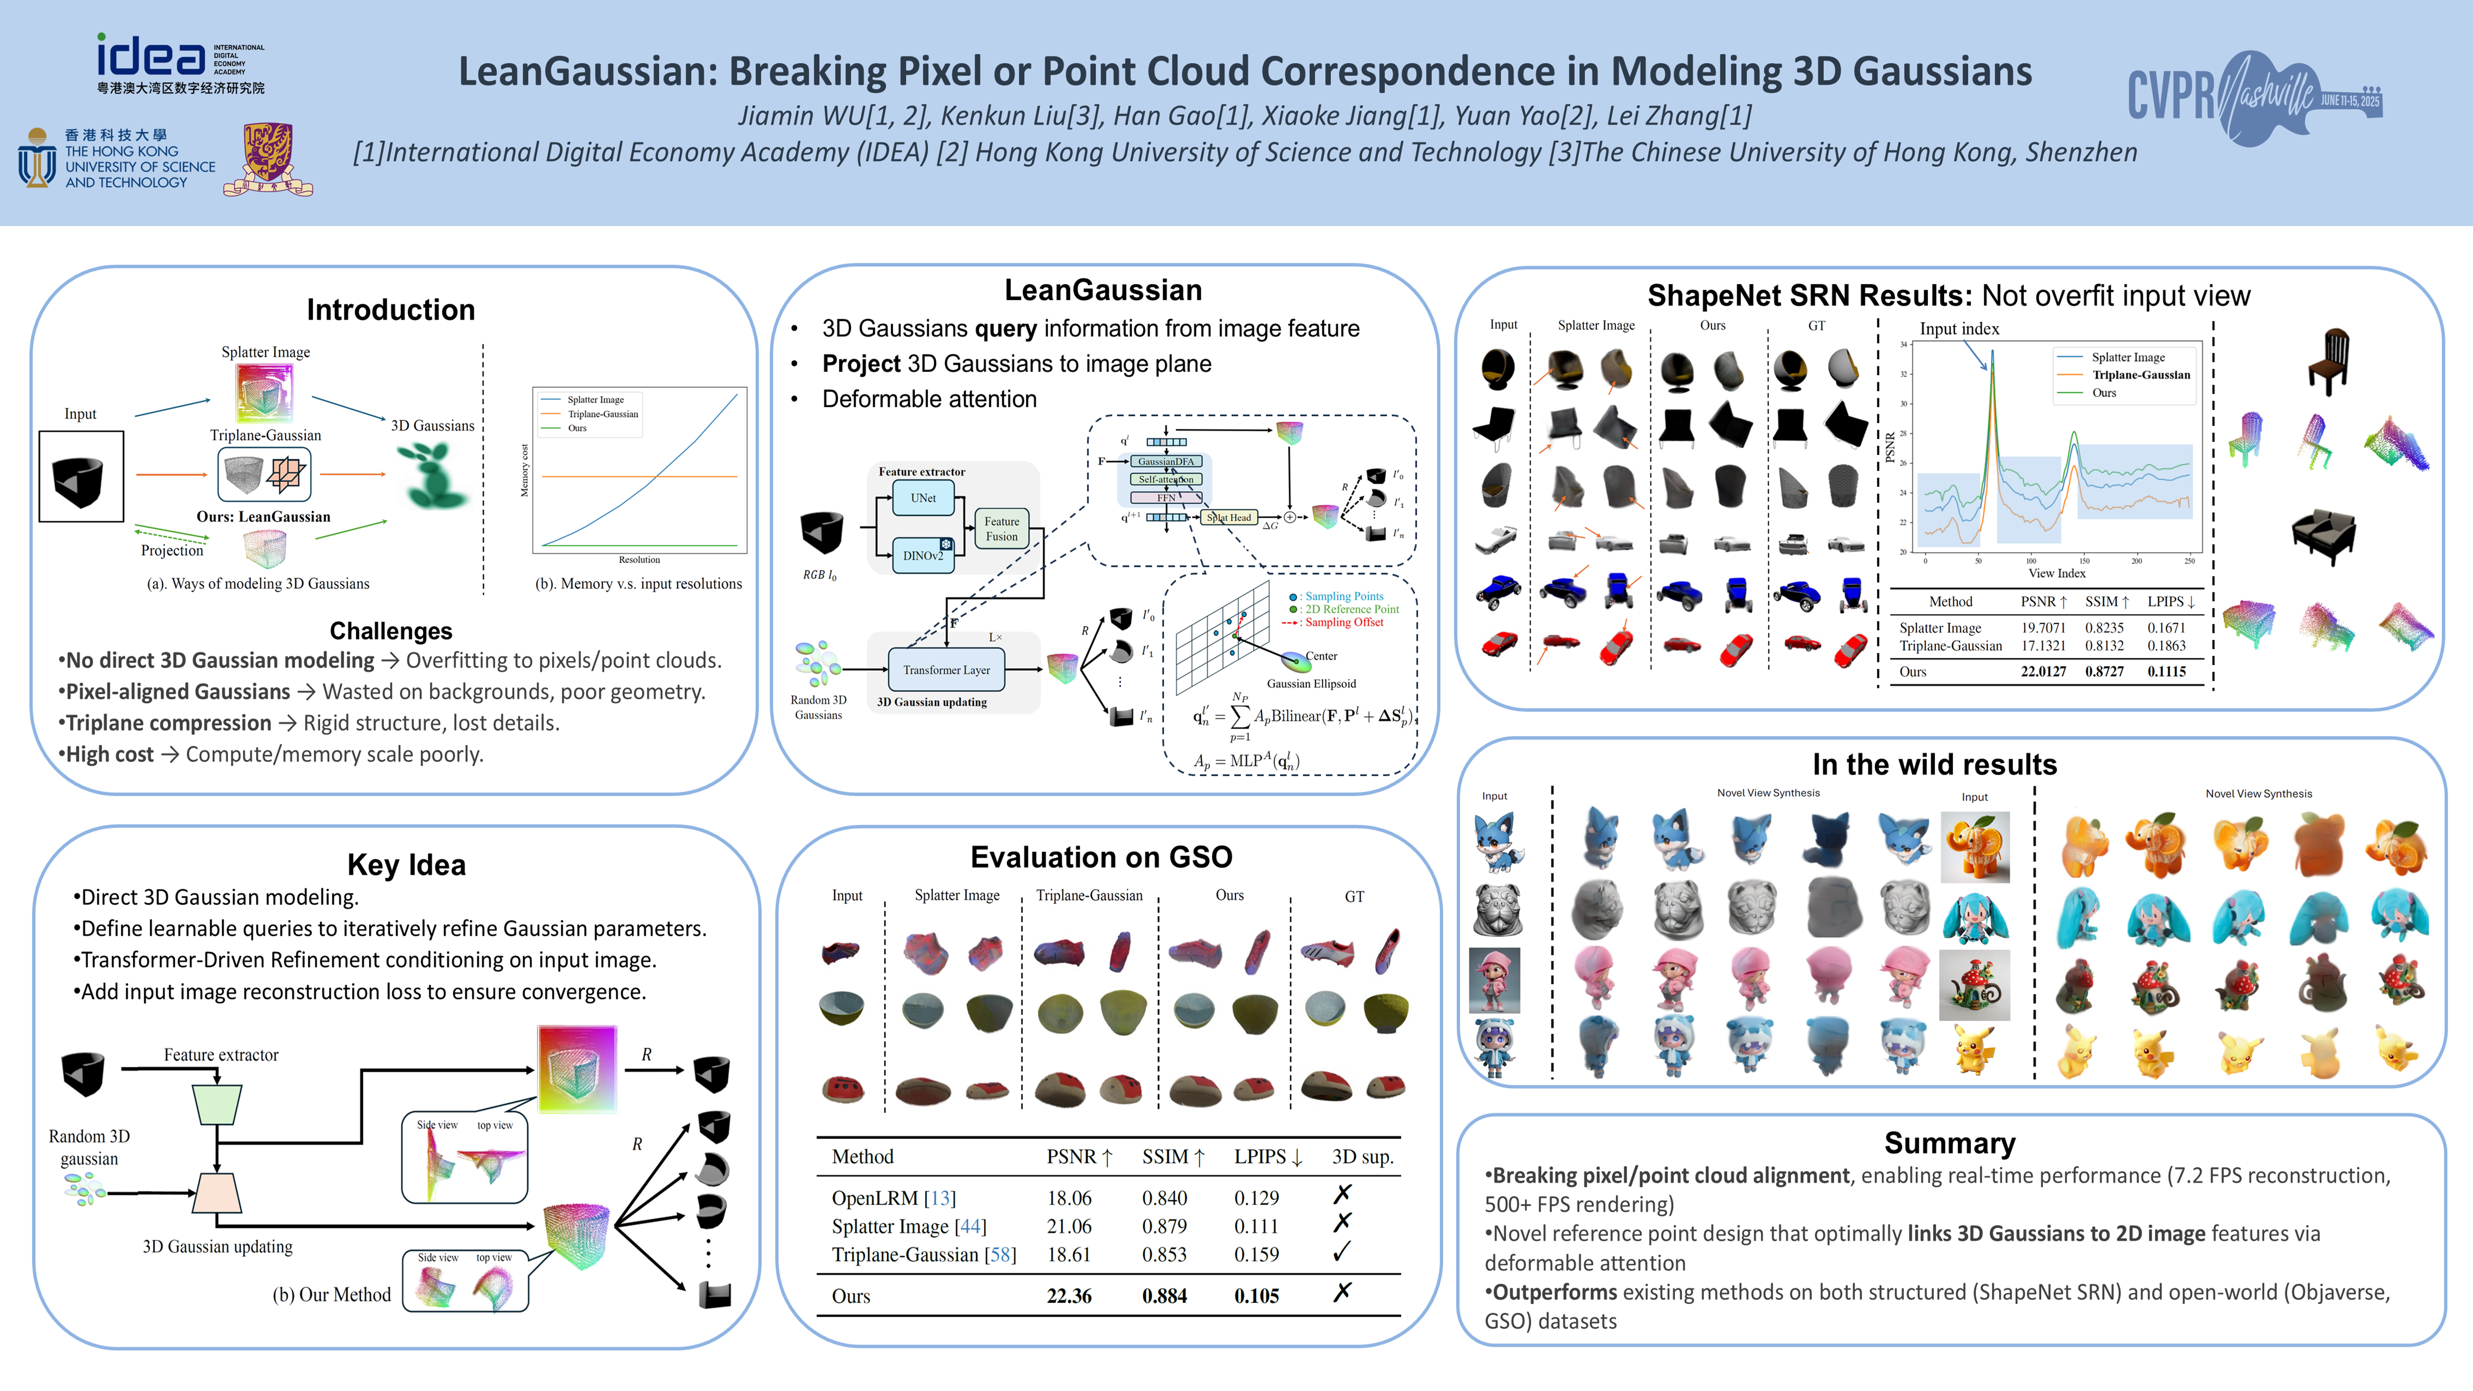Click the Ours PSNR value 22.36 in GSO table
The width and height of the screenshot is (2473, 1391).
[x=1068, y=1296]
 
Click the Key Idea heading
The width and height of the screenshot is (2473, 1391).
[x=406, y=865]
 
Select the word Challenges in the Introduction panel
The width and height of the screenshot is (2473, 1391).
[x=391, y=631]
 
